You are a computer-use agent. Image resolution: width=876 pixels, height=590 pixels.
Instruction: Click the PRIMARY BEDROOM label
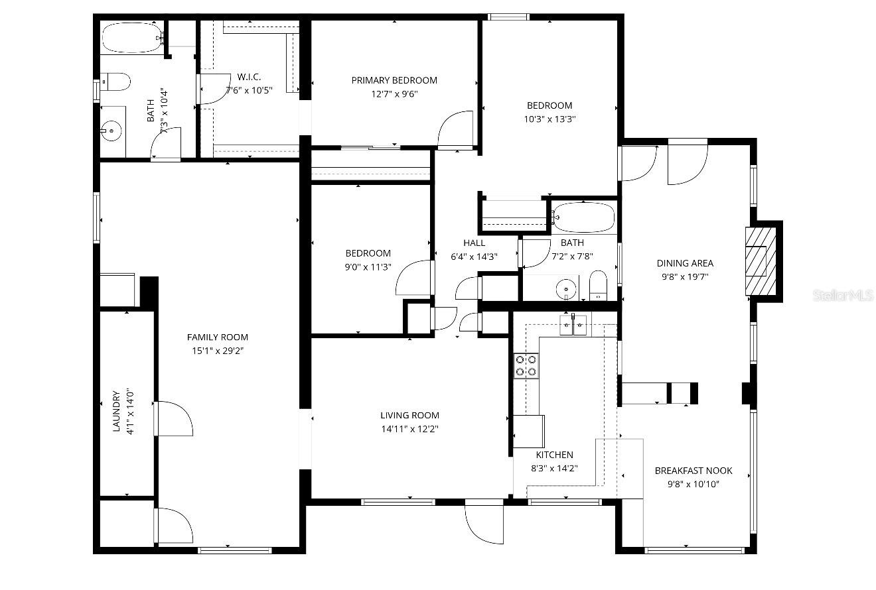(394, 80)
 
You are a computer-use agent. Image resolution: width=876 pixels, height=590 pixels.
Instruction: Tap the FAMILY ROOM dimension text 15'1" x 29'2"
(217, 351)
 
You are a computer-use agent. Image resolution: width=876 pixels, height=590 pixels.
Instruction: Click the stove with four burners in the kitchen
(526, 365)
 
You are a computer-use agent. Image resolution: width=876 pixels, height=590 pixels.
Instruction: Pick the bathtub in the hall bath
(584, 217)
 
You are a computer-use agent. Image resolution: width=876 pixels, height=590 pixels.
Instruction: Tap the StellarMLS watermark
(843, 296)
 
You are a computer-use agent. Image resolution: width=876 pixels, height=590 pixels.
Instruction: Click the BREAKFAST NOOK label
(694, 471)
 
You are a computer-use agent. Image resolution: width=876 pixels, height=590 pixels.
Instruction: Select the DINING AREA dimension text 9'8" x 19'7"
(685, 277)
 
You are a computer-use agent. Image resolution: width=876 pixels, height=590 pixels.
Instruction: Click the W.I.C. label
(249, 77)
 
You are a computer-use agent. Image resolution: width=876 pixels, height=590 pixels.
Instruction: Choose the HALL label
(474, 243)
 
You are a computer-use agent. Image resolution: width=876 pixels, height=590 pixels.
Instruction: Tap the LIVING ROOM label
(409, 416)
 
